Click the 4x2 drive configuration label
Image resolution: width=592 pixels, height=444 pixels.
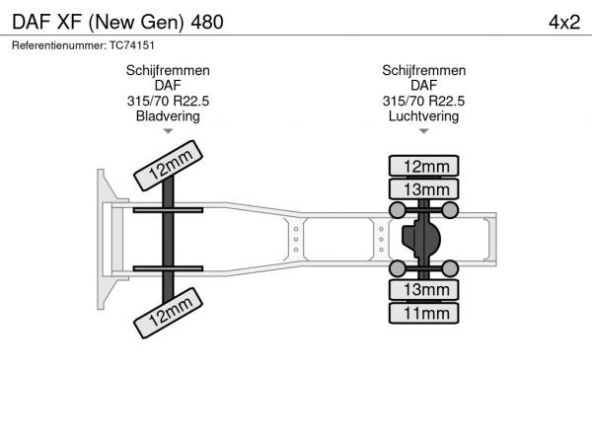pyautogui.click(x=564, y=23)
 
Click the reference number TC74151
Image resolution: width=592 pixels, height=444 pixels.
pyautogui.click(x=132, y=45)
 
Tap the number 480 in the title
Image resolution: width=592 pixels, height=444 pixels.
pyautogui.click(x=207, y=23)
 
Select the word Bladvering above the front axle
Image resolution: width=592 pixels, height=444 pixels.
pyautogui.click(x=168, y=116)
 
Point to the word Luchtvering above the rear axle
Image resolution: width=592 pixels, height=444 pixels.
pyautogui.click(x=423, y=116)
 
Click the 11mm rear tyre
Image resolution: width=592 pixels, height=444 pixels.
pyautogui.click(x=423, y=313)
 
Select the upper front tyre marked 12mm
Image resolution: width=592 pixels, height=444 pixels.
pyautogui.click(x=168, y=166)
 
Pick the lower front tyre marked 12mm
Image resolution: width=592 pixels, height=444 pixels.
pyautogui.click(x=168, y=313)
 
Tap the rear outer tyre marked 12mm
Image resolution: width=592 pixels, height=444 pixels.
pyautogui.click(x=423, y=166)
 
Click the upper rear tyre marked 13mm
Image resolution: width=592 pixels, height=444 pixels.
pyautogui.click(x=423, y=188)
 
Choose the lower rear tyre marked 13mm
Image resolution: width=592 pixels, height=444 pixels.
pyautogui.click(x=423, y=289)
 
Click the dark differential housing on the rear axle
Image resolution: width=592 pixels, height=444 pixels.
pyautogui.click(x=421, y=239)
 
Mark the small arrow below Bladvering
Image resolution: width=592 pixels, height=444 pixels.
pyautogui.click(x=168, y=131)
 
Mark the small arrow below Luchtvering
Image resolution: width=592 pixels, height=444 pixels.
pyautogui.click(x=424, y=131)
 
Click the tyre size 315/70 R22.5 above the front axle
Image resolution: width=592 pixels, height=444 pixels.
pyautogui.click(x=168, y=102)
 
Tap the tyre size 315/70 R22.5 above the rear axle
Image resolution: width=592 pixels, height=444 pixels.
pyautogui.click(x=423, y=102)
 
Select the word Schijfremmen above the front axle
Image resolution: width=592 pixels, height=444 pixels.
pyautogui.click(x=168, y=71)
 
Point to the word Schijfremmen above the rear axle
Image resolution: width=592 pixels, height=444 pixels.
pyautogui.click(x=423, y=71)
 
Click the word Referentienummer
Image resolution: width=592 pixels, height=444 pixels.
pyautogui.click(x=59, y=45)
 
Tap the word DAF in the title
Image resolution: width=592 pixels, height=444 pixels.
pyautogui.click(x=32, y=23)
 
